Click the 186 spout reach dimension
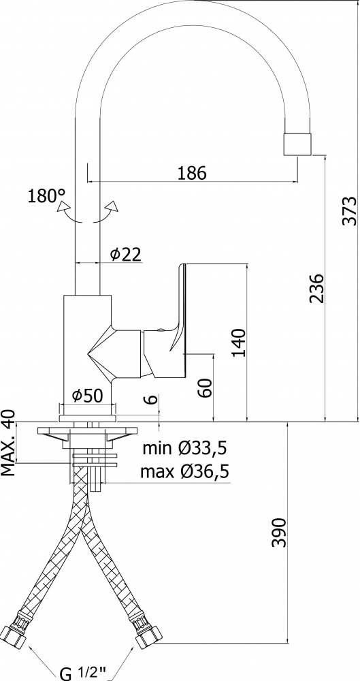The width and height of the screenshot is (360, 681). click(192, 173)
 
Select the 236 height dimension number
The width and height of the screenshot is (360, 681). click(316, 288)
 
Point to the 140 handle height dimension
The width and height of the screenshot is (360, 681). click(238, 343)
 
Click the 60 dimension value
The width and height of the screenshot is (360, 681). click(205, 387)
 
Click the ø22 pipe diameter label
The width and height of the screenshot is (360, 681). click(126, 254)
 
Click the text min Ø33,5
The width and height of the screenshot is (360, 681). click(185, 448)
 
